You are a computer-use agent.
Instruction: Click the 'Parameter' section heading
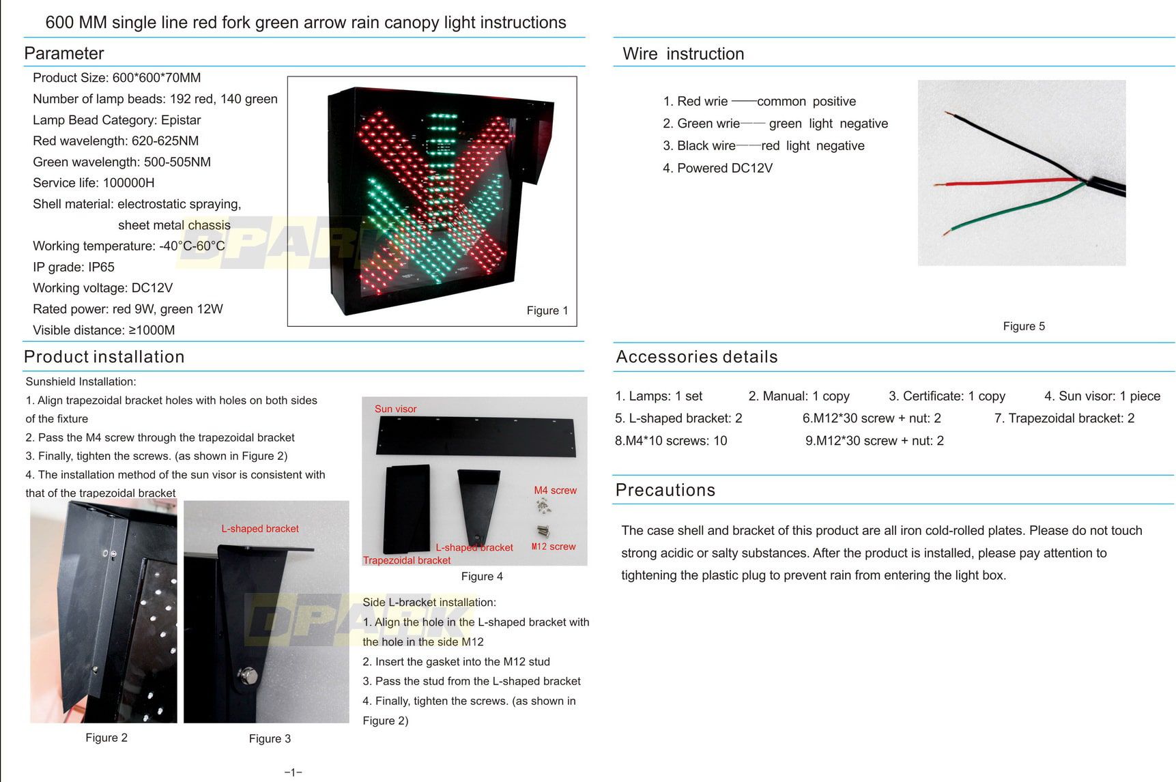click(64, 53)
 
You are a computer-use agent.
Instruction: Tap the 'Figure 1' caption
click(547, 310)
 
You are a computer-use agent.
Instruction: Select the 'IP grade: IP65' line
click(74, 267)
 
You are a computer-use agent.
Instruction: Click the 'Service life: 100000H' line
click(94, 183)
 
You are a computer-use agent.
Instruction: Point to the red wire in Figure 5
click(1003, 183)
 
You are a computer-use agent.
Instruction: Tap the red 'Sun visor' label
click(395, 409)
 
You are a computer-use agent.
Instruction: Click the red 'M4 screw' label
click(555, 490)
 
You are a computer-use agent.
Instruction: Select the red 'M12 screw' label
click(553, 547)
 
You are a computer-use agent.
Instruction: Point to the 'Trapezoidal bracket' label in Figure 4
click(407, 560)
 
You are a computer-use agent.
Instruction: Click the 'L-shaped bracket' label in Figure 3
click(259, 528)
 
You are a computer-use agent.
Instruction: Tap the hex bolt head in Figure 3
click(250, 676)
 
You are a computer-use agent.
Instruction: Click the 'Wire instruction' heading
click(683, 54)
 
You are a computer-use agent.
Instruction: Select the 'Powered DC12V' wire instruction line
click(717, 168)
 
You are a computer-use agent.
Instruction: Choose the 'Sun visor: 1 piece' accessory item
click(1102, 396)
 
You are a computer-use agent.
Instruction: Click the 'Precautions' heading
click(665, 490)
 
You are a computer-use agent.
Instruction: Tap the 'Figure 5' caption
click(1023, 326)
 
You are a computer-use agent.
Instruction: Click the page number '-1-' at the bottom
click(293, 772)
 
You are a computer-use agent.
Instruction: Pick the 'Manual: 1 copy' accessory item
click(799, 396)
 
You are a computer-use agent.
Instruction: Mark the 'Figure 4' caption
click(482, 577)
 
